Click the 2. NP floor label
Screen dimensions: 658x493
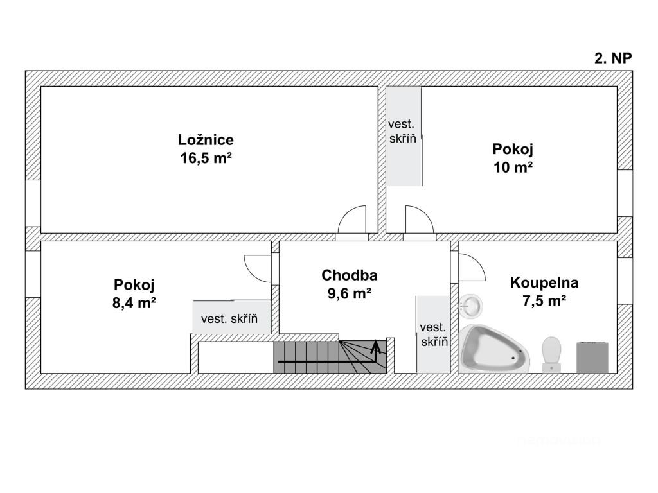click(x=613, y=58)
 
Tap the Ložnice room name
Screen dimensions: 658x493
click(x=206, y=139)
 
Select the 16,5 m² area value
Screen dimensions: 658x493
click(x=206, y=158)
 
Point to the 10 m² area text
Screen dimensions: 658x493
click(x=513, y=168)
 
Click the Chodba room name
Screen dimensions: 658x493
click(x=349, y=275)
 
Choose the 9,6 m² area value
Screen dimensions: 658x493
click(x=349, y=293)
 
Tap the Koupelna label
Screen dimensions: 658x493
click(x=544, y=282)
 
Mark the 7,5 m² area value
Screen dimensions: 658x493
click(x=544, y=300)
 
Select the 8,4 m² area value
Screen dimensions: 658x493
click(x=134, y=302)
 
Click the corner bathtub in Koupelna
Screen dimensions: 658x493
click(x=494, y=349)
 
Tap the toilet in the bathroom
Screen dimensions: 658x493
click(x=551, y=354)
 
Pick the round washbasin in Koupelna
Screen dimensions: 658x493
click(x=470, y=305)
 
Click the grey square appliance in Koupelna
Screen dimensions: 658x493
click(x=592, y=357)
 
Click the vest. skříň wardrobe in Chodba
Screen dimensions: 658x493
click(x=434, y=334)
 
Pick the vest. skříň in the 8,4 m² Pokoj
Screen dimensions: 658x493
click(x=232, y=317)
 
